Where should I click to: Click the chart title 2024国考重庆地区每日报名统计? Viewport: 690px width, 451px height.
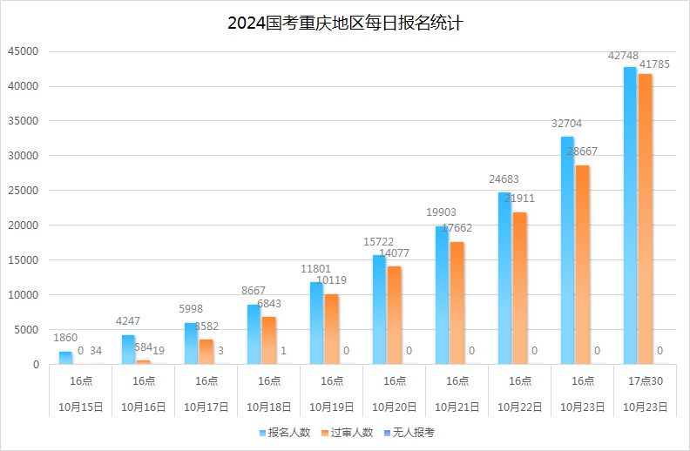point(345,24)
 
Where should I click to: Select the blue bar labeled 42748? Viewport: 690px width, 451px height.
point(630,216)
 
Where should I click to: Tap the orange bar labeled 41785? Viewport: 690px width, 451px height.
point(645,219)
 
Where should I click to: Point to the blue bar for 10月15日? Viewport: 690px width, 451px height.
point(65,358)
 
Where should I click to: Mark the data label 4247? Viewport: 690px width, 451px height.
point(128,321)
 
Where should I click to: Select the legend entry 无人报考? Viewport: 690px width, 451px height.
point(409,433)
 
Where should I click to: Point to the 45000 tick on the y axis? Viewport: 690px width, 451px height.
point(25,51)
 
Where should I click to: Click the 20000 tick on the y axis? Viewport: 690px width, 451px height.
point(25,225)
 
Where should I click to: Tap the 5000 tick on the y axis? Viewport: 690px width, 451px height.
point(28,330)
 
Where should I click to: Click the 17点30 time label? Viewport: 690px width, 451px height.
point(646,381)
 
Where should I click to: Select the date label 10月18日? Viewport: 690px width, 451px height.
point(269,407)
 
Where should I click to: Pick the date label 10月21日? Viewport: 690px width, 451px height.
point(457,407)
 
